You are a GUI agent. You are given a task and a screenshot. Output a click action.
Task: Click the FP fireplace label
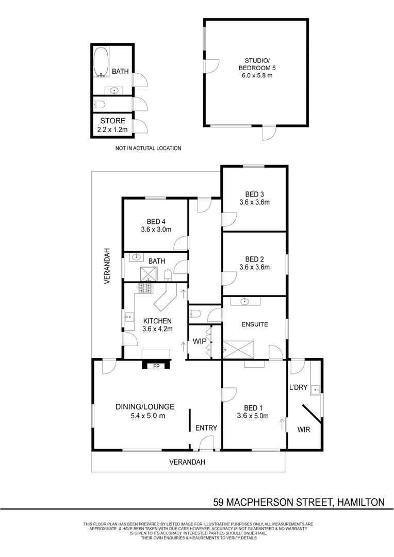coord(156,366)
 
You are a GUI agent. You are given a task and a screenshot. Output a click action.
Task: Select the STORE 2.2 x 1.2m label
coord(112,125)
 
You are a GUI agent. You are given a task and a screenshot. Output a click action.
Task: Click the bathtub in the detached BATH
coord(101,62)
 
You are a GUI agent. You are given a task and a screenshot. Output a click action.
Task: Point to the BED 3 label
coord(254,194)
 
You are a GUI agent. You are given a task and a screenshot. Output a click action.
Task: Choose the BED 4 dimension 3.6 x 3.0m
coord(156,230)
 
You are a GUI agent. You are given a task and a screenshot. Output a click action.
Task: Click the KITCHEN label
coord(157,321)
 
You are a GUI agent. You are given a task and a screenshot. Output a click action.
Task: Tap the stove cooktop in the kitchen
coord(145,288)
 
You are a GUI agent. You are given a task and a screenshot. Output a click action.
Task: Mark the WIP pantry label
coord(200,341)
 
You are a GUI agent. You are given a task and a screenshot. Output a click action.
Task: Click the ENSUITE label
coord(255,324)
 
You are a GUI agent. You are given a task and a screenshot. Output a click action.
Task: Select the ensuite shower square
coord(238,350)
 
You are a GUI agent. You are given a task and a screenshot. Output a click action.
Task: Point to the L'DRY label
coord(298,387)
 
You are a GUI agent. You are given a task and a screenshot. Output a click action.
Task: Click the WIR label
coord(304,430)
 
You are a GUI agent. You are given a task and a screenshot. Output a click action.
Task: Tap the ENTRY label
coord(206,428)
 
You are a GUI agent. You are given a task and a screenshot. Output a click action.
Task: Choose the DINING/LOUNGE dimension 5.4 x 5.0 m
coord(148,416)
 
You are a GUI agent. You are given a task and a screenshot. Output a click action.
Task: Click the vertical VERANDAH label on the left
coord(107,266)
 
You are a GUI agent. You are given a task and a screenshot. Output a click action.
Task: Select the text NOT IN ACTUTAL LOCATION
coord(148,148)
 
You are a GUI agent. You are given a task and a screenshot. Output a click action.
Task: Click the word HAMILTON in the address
coord(360,502)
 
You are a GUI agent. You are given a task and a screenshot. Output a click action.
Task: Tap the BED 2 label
coord(254,259)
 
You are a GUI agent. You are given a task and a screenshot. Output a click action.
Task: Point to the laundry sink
coord(315,390)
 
